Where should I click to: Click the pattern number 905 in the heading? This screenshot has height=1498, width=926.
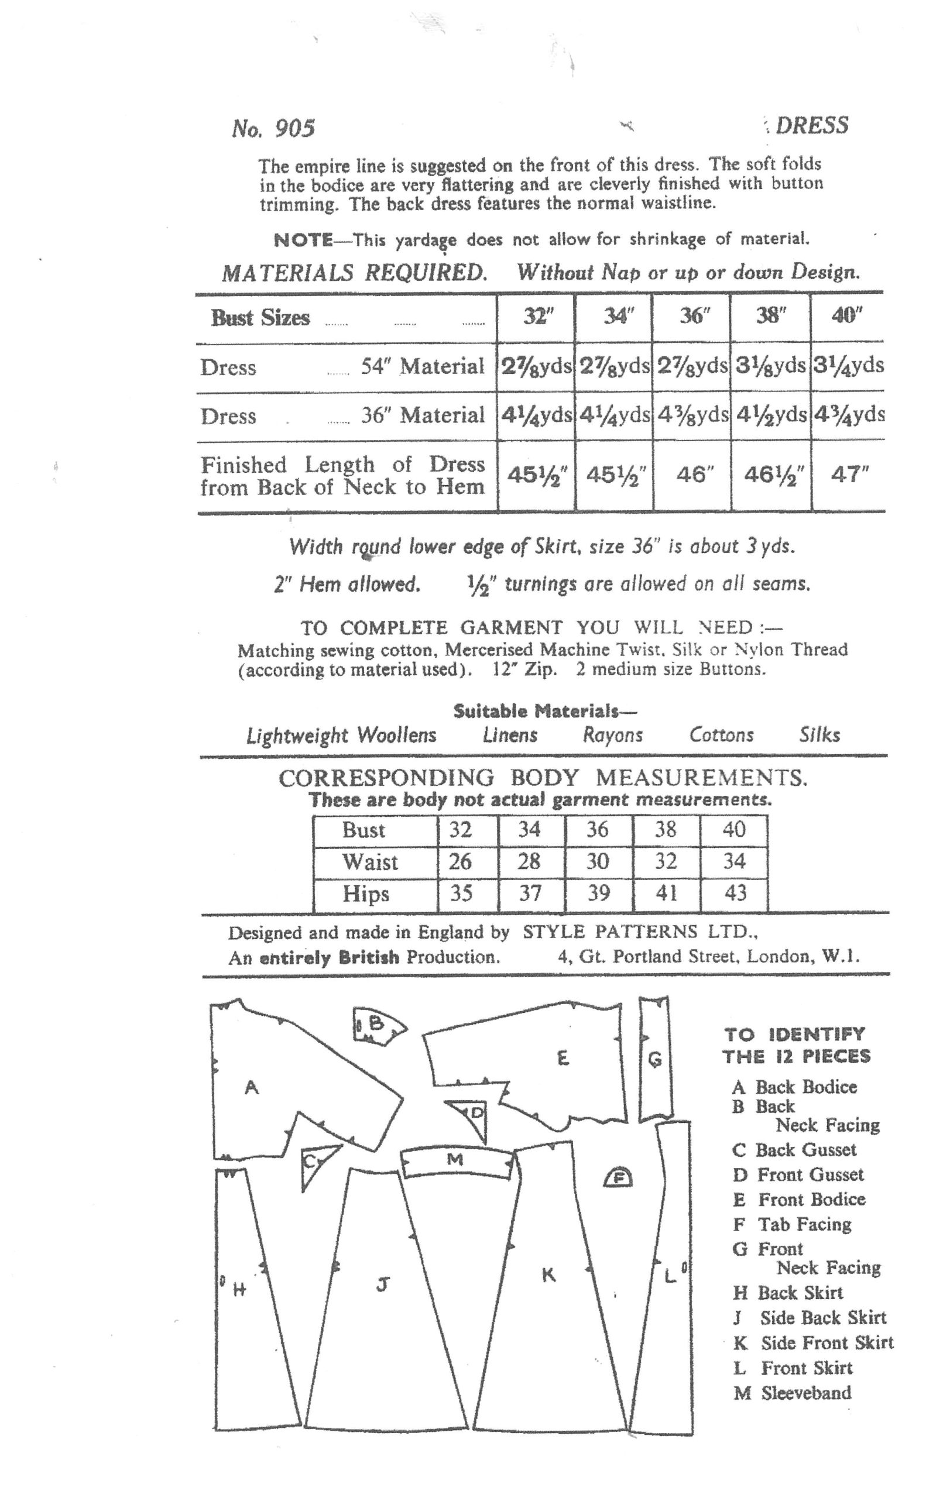[x=294, y=129]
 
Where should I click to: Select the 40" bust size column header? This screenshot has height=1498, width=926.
[x=847, y=316]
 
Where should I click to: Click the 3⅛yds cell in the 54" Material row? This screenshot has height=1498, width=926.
[x=770, y=366]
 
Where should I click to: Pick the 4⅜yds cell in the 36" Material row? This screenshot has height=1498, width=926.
[x=692, y=415]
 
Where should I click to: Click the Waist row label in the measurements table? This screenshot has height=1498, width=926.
[x=370, y=862]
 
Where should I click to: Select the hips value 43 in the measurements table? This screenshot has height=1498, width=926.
[x=735, y=893]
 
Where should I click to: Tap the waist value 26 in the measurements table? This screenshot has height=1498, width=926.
[x=460, y=862]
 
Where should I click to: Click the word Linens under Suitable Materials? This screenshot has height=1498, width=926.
[x=510, y=734]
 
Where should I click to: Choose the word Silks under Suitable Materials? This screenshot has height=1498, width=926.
[x=819, y=734]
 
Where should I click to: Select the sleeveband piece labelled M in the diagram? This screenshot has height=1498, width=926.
[x=455, y=1161]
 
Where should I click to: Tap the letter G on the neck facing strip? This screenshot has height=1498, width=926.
[x=654, y=1059]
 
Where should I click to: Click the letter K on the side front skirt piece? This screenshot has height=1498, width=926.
[x=548, y=1275]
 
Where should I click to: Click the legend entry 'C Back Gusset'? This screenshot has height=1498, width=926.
[x=794, y=1150]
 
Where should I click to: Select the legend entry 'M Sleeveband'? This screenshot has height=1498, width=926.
[x=793, y=1393]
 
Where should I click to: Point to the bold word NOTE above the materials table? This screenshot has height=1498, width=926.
[x=303, y=239]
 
